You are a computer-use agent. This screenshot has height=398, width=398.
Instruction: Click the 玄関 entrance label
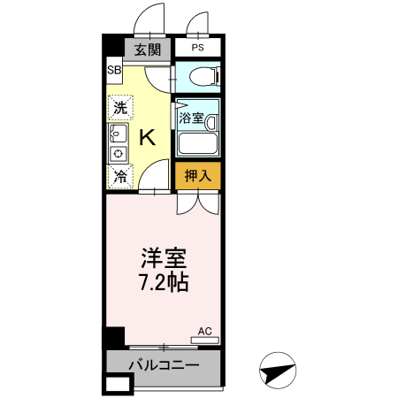click(x=147, y=50)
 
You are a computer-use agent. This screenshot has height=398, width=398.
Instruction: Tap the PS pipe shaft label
click(x=195, y=48)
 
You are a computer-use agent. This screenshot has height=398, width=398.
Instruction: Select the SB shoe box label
click(x=114, y=71)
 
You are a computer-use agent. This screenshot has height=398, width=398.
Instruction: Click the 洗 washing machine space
click(x=119, y=108)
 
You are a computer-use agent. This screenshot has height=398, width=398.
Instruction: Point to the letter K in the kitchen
click(x=148, y=137)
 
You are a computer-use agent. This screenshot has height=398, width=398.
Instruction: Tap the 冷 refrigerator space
click(x=119, y=175)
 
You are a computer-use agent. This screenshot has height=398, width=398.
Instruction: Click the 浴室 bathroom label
click(x=191, y=117)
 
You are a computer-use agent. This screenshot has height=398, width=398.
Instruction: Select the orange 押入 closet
click(x=196, y=175)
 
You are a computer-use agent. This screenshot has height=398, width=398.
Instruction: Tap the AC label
click(x=205, y=331)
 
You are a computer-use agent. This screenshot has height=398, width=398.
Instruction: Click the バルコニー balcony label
click(x=164, y=364)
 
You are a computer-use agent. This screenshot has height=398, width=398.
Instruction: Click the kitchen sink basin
click(x=117, y=134)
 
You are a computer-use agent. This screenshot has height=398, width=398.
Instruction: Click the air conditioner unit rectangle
click(x=205, y=340)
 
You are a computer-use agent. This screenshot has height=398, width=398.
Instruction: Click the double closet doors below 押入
click(x=196, y=202)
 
